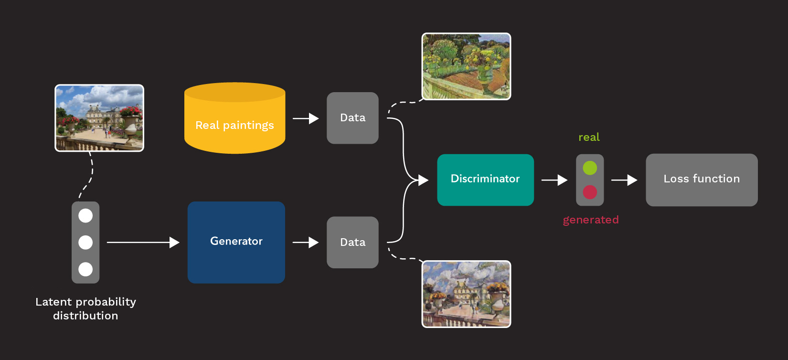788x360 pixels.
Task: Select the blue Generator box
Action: pos(236,242)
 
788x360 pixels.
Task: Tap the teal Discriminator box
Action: pos(485,180)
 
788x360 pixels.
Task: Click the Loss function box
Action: pos(701,180)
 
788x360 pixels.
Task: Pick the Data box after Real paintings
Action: pos(352,118)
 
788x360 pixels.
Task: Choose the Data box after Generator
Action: pos(352,242)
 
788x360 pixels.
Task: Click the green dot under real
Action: pos(590,168)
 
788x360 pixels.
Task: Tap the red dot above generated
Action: pos(590,192)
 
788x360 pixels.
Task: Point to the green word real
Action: pos(589,138)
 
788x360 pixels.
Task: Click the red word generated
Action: pos(591,220)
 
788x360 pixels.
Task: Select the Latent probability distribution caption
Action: pos(85,308)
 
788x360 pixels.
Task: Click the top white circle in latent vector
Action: pos(85,216)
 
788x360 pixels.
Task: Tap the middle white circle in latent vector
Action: pos(85,243)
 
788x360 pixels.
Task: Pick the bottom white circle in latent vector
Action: pos(85,269)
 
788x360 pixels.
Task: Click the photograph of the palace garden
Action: pos(99,118)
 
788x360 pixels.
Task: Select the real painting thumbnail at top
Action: pos(466,66)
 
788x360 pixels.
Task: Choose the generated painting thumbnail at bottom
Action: pos(466,294)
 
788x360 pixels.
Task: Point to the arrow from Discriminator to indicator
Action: pos(554,180)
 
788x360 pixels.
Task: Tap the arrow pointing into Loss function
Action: pos(624,180)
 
